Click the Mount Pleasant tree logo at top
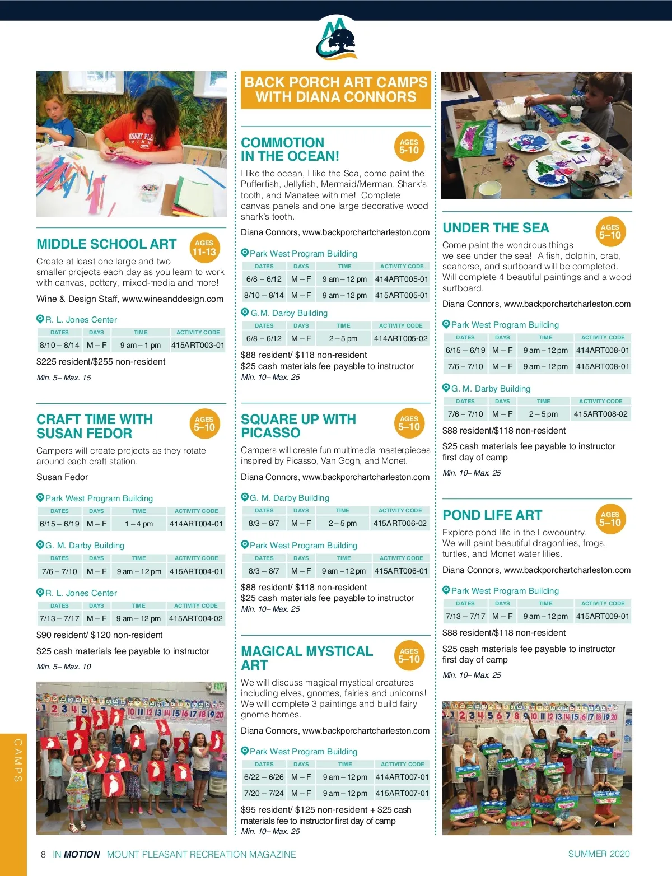point(336,38)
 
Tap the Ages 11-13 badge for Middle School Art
point(204,248)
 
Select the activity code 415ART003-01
point(198,346)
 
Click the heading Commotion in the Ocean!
point(290,150)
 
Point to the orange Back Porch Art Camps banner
point(336,90)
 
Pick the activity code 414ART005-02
point(400,338)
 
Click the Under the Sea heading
point(496,228)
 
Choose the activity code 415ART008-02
point(600,414)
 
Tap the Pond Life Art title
point(492,515)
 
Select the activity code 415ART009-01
point(603,616)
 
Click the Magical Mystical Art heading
point(307,658)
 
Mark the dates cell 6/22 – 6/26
point(264,777)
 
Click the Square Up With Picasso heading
point(298,426)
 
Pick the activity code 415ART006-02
point(400,523)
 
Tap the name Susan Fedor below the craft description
point(62,477)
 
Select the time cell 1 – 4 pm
point(139,524)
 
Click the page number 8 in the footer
point(43,854)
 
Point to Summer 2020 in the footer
point(599,854)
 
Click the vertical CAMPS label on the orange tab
point(18,760)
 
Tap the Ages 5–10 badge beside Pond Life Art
point(610,519)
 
